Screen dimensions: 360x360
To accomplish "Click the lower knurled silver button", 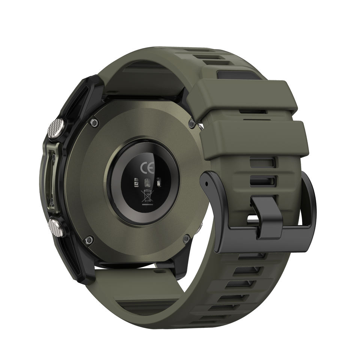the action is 57,227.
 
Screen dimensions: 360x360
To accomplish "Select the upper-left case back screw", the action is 94,123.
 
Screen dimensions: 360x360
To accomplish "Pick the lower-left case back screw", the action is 89,240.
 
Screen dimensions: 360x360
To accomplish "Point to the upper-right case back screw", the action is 192,124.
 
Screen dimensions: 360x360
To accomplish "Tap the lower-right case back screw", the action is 186,239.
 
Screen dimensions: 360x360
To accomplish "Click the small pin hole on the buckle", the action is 207,183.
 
